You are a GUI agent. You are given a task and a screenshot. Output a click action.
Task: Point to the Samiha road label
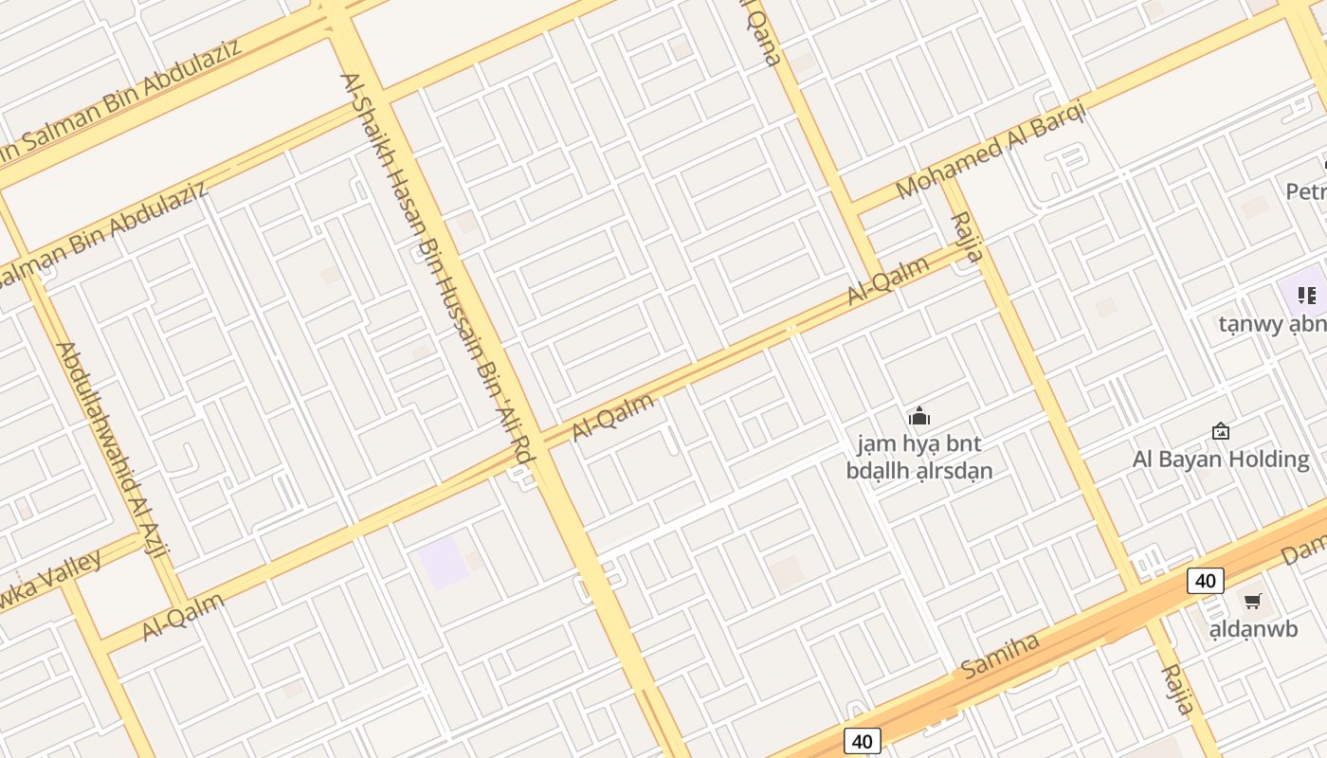click(1000, 655)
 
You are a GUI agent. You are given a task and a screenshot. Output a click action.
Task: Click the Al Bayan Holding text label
click(1221, 460)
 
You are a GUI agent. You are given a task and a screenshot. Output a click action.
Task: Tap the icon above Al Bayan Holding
click(1221, 432)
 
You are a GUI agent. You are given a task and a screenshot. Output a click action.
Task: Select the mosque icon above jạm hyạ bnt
click(918, 416)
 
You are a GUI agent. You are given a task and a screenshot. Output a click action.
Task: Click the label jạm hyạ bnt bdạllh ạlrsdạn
click(918, 457)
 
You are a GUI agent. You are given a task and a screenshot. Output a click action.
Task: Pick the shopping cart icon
click(1253, 601)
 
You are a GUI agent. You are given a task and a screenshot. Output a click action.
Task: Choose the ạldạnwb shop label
click(1253, 628)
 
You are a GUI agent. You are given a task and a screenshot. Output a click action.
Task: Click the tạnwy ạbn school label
click(1273, 324)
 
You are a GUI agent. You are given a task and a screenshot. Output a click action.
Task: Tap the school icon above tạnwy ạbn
click(1307, 295)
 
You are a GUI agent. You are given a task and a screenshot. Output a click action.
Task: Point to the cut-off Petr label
click(1306, 191)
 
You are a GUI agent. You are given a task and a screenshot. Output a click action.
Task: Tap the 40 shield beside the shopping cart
click(1205, 581)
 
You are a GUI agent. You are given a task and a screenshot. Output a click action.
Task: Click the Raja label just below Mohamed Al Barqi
click(967, 237)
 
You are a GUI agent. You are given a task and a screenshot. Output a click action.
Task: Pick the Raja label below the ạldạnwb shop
click(1178, 689)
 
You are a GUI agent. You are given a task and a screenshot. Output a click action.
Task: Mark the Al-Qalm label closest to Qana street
click(887, 280)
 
